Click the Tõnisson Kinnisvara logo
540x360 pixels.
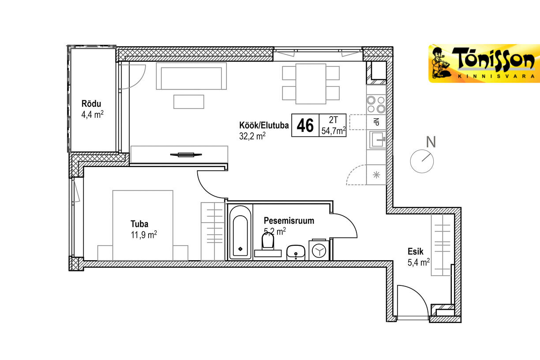484,64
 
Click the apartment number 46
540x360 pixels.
305,125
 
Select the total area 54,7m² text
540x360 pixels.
334,131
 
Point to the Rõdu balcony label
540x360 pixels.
91,104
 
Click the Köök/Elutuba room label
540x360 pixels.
264,125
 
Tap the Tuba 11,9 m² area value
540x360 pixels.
144,234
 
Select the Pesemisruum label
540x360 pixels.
289,221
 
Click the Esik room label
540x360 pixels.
415,251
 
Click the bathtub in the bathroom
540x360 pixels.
240,232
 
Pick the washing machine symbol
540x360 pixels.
319,250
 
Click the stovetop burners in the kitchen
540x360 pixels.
376,105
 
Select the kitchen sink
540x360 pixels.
377,140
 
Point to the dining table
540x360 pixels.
311,84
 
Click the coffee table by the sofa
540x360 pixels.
189,102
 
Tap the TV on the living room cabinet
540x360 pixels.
186,154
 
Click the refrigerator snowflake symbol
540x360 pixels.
376,175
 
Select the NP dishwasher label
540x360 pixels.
376,122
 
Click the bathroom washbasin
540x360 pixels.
296,253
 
